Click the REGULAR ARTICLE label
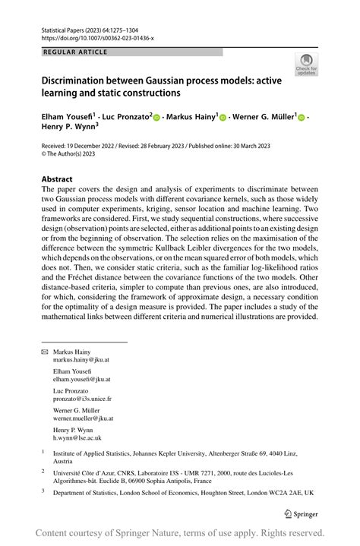74,52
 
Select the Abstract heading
62,181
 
